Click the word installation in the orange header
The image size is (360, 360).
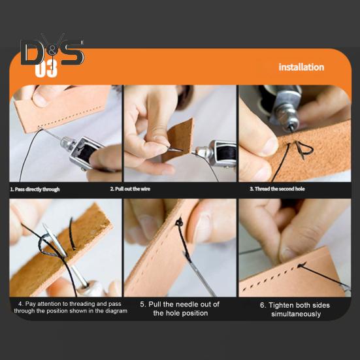(301, 67)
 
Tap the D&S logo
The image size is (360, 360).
(52, 52)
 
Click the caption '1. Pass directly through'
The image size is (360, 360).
(35, 189)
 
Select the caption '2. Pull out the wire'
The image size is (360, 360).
(135, 189)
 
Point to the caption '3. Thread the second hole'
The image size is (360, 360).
(277, 189)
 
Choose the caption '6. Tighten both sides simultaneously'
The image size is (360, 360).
(295, 309)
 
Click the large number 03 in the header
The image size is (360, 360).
(46, 69)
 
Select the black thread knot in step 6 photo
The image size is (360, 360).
(302, 265)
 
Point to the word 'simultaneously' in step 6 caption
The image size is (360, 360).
(295, 314)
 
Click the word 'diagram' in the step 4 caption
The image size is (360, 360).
(114, 311)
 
